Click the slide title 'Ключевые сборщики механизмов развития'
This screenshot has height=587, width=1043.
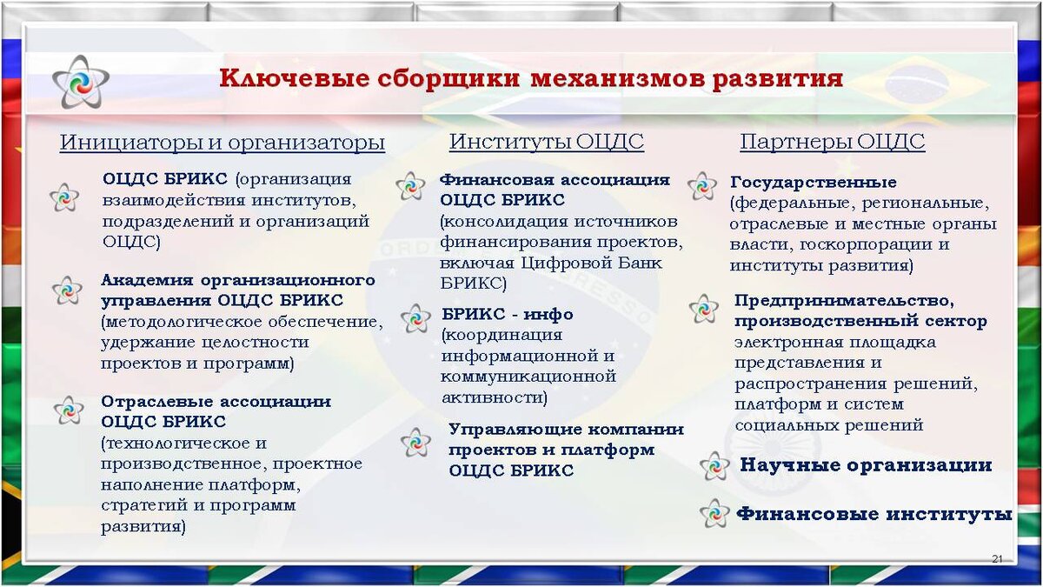coord(530,79)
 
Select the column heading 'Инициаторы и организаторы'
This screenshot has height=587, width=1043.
coord(222,143)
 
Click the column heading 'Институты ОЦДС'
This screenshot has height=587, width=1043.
coord(546,142)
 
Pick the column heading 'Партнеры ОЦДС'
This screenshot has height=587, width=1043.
coord(832,142)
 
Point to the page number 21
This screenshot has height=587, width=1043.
coord(997,557)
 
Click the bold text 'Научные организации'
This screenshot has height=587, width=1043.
coord(865,465)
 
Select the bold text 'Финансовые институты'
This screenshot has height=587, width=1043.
coord(874,514)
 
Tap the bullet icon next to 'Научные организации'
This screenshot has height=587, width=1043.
coord(714,466)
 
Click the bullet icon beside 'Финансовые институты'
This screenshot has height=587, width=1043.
coord(714,513)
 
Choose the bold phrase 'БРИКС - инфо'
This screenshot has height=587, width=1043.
coord(507,314)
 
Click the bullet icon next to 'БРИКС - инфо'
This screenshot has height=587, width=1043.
coord(415,318)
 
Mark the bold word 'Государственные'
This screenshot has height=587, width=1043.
coord(814,183)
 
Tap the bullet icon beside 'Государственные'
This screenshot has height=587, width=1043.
coord(701,185)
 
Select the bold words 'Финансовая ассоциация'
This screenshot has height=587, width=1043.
coord(555,180)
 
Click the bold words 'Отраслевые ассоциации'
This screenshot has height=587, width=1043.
coord(216,402)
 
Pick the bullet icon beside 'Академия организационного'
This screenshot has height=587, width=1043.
coord(66,290)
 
